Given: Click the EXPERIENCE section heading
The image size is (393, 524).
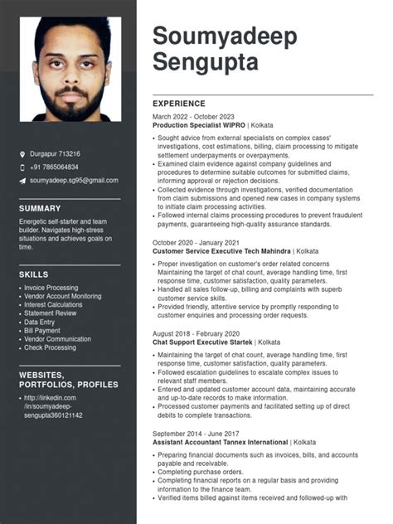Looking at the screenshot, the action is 180,103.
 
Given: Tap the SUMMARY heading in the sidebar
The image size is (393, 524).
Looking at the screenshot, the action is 40,208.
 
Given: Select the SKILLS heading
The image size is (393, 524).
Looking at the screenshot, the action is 33,274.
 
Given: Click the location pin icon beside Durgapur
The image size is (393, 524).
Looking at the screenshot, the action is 22,154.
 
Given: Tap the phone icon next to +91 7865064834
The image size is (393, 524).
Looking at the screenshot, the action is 22,167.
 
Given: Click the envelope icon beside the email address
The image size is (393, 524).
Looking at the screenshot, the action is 22,181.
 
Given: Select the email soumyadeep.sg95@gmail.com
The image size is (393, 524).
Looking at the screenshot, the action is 74,181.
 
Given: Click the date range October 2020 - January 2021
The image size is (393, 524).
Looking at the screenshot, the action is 196,242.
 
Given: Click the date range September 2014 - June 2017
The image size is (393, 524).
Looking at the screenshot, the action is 196,434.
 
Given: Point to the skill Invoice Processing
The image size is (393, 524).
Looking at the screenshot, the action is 51,288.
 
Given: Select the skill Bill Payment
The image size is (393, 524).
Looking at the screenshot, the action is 42,331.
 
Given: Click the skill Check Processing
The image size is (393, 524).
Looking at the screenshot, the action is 51,347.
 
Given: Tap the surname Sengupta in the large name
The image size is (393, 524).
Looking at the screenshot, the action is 206,61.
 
